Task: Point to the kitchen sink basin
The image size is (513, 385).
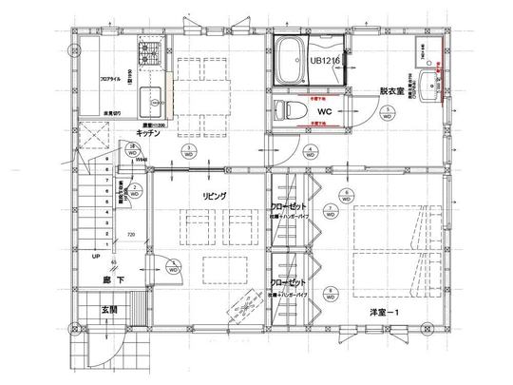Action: [x=150, y=100]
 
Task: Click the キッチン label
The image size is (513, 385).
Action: [x=147, y=134]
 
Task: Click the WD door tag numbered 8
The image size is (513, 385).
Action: [x=330, y=292]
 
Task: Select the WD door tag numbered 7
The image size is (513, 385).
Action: [x=330, y=211]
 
